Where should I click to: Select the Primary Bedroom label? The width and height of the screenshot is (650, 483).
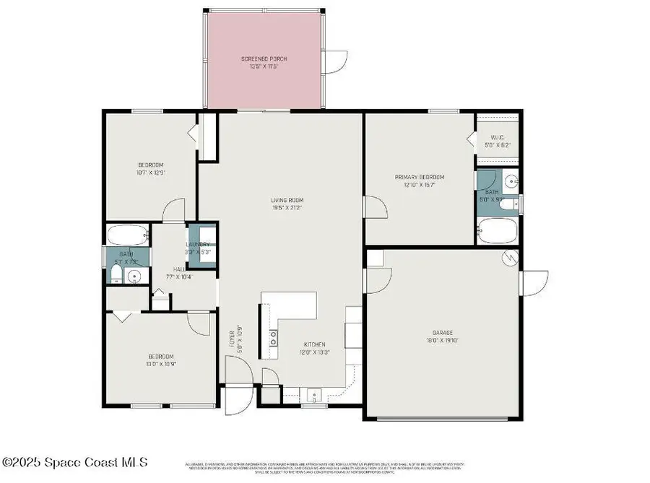(419, 180)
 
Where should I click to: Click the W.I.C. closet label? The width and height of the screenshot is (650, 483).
(497, 141)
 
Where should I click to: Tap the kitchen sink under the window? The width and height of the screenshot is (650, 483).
(314, 395)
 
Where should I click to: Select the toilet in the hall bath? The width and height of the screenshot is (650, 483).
(116, 273)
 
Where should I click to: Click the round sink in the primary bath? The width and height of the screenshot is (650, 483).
(510, 180)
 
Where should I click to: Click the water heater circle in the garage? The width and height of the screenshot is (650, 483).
(509, 257)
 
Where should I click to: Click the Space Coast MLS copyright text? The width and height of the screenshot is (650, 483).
(75, 461)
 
